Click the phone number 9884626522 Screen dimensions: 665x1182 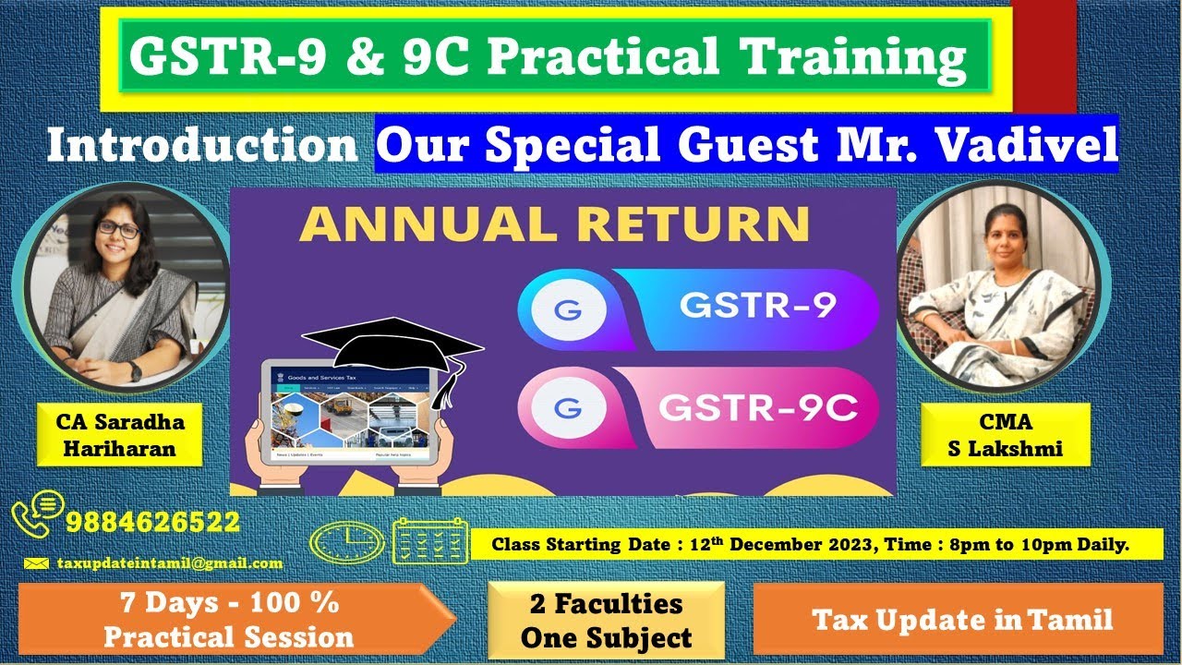tap(152, 522)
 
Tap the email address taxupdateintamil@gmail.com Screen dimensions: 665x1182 tap(169, 562)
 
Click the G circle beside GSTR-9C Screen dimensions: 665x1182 tap(561, 407)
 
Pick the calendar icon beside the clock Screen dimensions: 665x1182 tap(430, 541)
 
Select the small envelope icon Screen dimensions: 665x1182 tap(36, 562)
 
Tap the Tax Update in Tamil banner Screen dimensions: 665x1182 tap(963, 620)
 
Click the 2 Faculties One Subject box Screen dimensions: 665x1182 tap(606, 620)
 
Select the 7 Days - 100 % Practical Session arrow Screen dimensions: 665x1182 tap(231, 620)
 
